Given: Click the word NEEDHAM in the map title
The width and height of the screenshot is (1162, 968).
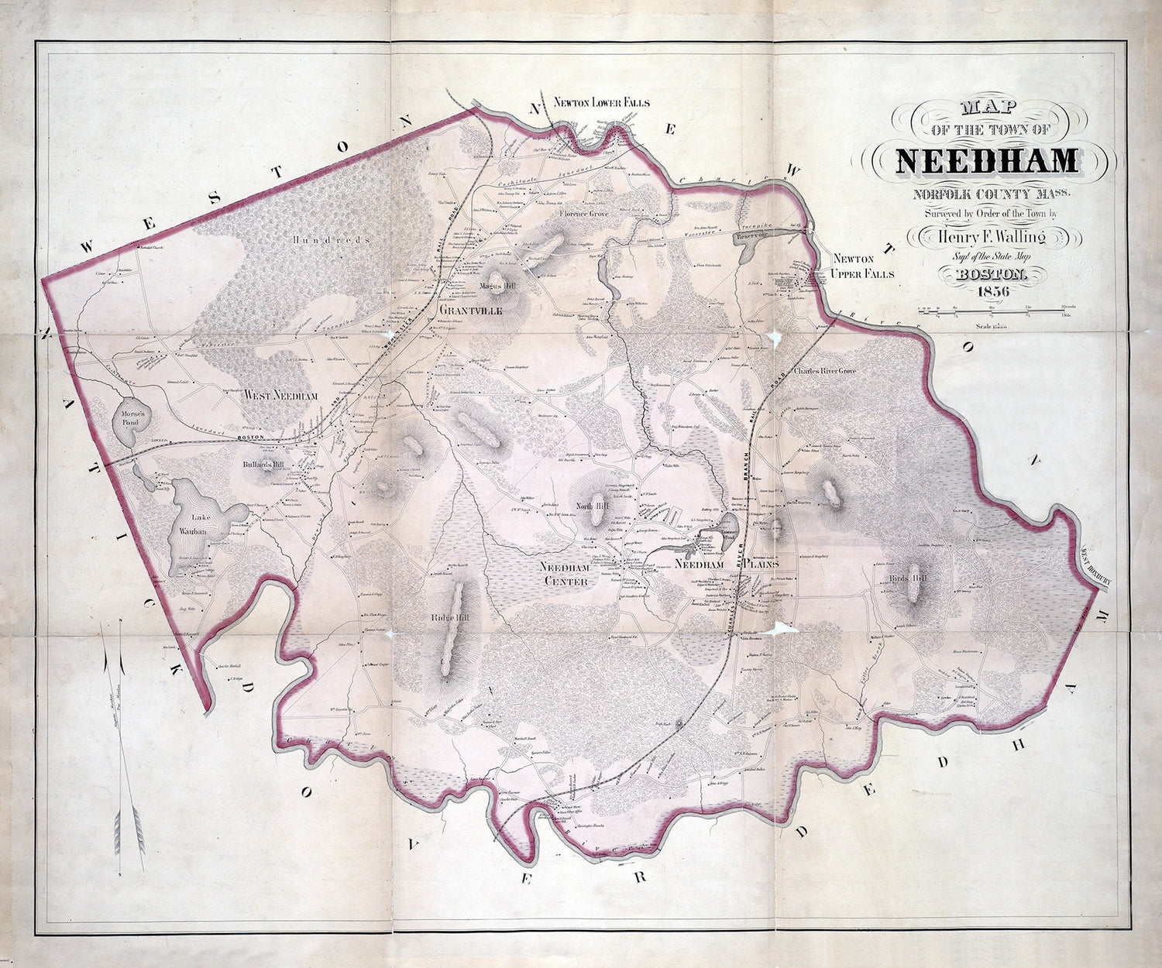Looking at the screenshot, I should (987, 160).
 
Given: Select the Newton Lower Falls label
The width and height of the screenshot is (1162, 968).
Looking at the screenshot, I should (601, 102).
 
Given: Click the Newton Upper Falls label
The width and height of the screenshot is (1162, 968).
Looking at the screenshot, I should (863, 266).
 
